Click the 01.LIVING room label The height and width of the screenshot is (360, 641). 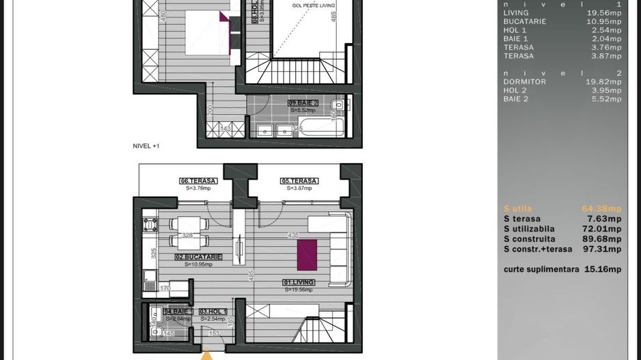pyautogui.click(x=298, y=281)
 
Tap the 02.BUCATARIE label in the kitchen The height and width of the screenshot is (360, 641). pyautogui.click(x=197, y=257)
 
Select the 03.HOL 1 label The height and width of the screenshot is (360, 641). pyautogui.click(x=213, y=311)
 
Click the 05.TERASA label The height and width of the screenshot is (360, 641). pyautogui.click(x=299, y=181)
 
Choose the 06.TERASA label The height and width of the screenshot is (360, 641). pyautogui.click(x=198, y=181)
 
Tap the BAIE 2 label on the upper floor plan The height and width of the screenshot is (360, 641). pyautogui.click(x=303, y=102)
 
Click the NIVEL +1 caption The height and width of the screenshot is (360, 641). pyautogui.click(x=146, y=146)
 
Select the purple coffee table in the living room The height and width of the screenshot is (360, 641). pyautogui.click(x=307, y=255)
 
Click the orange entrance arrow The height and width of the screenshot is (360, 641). pyautogui.click(x=206, y=355)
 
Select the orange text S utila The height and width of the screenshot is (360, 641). pyautogui.click(x=517, y=209)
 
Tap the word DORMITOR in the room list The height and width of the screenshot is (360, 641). pyautogui.click(x=524, y=82)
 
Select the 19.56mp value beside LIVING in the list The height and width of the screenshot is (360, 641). pyautogui.click(x=604, y=13)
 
